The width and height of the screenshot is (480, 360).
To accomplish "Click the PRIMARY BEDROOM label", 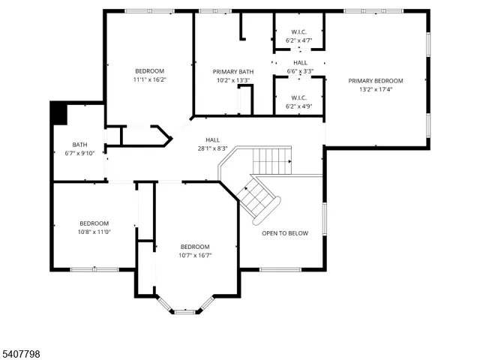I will (x=375, y=81).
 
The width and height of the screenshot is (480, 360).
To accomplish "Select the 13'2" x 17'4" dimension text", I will (x=375, y=89).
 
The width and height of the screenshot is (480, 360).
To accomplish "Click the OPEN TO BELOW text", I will (x=284, y=233).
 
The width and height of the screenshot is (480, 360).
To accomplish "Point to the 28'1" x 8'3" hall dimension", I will (x=212, y=148).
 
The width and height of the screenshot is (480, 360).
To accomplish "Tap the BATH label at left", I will (x=79, y=145).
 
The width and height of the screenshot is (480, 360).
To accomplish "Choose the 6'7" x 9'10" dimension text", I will (x=79, y=153).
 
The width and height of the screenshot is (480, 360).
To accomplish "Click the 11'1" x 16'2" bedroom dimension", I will (x=149, y=79).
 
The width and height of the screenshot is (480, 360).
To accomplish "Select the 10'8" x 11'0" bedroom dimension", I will (x=94, y=232).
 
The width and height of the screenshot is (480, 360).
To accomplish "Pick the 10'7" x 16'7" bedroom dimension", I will (x=195, y=255).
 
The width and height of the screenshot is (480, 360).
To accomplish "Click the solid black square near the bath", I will (x=58, y=114).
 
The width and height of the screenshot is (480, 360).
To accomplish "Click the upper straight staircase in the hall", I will (x=271, y=160).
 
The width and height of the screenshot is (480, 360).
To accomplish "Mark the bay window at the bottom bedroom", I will (x=185, y=309).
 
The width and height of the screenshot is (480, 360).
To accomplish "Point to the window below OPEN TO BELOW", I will (x=280, y=269).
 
